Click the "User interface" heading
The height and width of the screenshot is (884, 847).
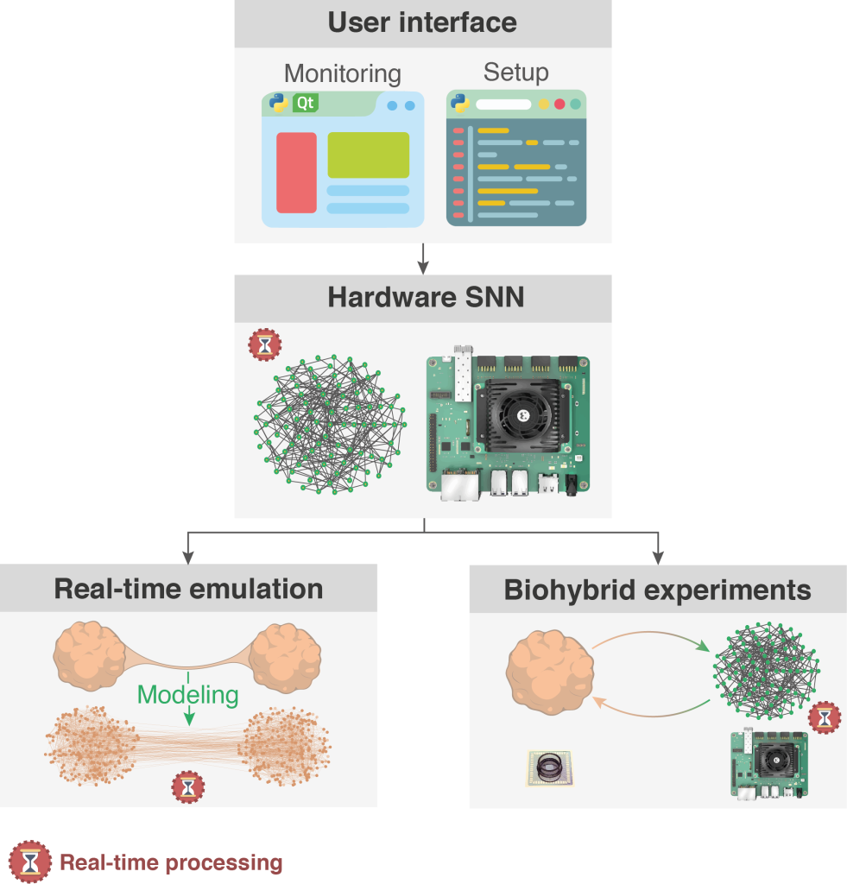pos(422,22)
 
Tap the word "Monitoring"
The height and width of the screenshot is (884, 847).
pos(342,73)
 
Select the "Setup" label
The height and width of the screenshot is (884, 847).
pos(515,72)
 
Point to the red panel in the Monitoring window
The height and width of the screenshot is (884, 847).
pos(296,173)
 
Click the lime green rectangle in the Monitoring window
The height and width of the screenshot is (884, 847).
pos(368,155)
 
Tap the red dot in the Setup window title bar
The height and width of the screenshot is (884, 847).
pos(559,104)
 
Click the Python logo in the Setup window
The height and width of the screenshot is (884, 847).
pos(460,104)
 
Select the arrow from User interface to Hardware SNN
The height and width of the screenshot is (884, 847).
pos(423,256)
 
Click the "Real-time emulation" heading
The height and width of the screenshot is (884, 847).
pos(188,590)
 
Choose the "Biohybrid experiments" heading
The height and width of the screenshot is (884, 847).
pos(658,590)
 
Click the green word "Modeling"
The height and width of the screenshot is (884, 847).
pos(187,695)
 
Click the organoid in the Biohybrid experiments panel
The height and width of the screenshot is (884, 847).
pos(551,672)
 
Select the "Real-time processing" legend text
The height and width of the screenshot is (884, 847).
pos(170,862)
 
